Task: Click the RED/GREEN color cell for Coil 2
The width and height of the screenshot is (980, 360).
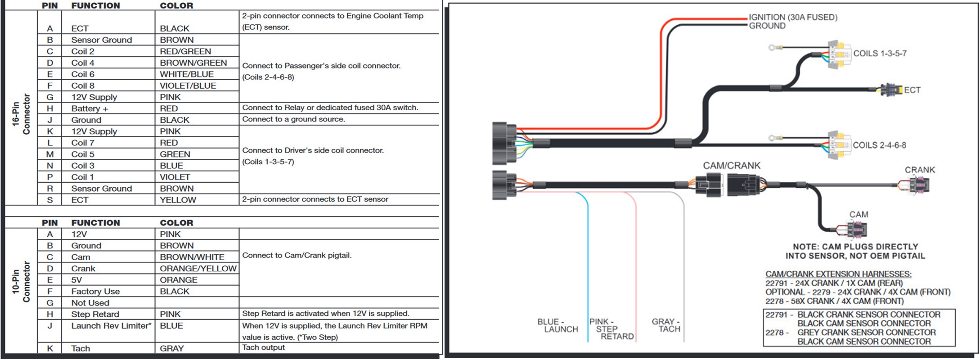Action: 185,51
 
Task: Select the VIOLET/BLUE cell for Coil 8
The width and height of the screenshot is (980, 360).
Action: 188,85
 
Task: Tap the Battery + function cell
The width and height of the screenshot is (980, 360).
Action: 90,108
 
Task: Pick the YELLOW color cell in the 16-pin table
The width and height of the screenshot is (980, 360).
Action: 178,200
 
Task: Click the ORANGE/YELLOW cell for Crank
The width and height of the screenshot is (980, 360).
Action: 198,269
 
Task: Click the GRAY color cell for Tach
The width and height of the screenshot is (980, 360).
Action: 172,348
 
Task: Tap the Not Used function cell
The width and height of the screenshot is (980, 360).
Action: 90,303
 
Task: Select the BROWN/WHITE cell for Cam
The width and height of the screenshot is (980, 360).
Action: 192,257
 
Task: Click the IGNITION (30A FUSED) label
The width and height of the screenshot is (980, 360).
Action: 793,17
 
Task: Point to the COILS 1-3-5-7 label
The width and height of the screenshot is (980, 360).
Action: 880,53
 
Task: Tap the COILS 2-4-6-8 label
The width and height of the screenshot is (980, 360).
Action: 879,145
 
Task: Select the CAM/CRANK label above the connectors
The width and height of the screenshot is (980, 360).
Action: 732,166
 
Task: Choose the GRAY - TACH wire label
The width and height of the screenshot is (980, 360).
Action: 666,325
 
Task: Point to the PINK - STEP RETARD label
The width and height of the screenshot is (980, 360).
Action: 612,329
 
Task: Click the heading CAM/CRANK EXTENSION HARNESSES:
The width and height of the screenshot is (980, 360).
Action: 838,274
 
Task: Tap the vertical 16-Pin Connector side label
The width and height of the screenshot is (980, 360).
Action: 21,114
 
